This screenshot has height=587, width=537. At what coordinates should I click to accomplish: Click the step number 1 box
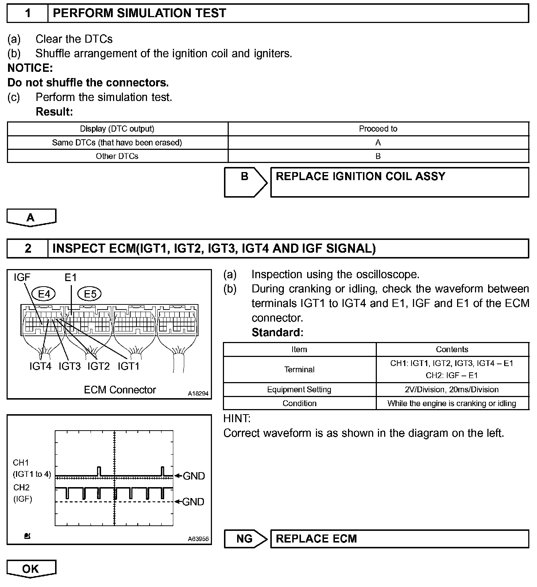tap(28, 13)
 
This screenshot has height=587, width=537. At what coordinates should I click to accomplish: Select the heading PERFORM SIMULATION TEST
tap(139, 13)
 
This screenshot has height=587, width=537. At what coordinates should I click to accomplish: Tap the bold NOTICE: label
tap(30, 68)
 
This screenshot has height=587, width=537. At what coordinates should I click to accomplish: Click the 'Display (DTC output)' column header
tap(117, 129)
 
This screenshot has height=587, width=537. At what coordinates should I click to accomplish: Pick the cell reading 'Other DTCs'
tap(117, 156)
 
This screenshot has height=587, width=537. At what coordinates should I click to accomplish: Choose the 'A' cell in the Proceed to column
tap(378, 143)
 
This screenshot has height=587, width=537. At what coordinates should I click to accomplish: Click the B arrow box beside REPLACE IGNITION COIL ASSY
tap(245, 182)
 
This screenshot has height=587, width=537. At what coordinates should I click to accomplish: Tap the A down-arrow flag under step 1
tap(31, 218)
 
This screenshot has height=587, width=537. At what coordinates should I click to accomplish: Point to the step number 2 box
tap(28, 248)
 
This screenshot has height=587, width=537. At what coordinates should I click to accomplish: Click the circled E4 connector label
tap(43, 294)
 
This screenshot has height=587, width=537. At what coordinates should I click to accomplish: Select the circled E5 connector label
tap(90, 294)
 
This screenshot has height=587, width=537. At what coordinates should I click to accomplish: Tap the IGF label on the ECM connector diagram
tap(22, 278)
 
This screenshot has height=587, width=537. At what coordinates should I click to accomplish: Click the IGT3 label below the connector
tap(69, 366)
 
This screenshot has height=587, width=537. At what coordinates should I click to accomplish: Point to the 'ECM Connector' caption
tap(120, 390)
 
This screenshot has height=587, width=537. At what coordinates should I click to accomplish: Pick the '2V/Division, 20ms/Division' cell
tap(452, 389)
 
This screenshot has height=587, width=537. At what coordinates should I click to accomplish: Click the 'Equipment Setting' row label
tap(299, 389)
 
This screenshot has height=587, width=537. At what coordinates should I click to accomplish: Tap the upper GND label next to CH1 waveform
tap(193, 476)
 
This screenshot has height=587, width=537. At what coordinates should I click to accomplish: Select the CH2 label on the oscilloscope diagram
tap(22, 487)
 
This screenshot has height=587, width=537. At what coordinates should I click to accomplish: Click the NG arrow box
tap(245, 539)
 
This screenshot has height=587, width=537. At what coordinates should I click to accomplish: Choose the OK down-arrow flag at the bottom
tap(31, 569)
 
